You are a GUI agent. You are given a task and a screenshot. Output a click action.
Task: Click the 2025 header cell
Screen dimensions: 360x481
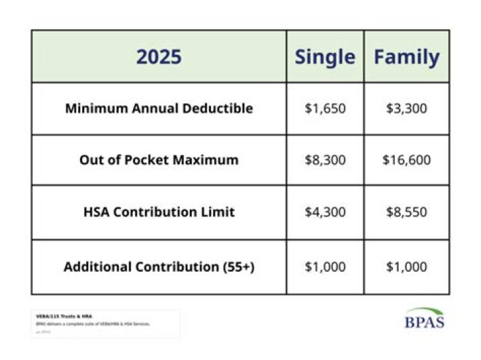click(x=158, y=57)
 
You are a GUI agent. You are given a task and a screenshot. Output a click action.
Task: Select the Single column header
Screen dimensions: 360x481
click(x=325, y=57)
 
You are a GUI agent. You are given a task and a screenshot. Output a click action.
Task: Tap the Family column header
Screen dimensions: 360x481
click(x=406, y=57)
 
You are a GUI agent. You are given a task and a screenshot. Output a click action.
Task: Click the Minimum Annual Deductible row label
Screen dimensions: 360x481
click(x=159, y=108)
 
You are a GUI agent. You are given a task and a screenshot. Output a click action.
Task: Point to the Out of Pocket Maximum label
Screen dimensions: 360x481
click(x=159, y=160)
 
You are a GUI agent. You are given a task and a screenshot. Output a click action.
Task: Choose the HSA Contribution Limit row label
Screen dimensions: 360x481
click(x=159, y=212)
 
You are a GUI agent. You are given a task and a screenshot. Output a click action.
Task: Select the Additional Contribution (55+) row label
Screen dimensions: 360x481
click(x=159, y=267)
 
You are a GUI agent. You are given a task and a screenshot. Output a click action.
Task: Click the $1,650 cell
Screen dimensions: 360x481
click(x=325, y=108)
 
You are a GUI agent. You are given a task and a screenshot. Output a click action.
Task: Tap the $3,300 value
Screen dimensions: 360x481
click(x=406, y=108)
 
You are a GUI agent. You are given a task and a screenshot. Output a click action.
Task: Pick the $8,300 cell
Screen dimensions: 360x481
click(x=325, y=160)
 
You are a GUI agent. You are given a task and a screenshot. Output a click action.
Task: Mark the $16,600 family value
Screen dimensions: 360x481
click(x=406, y=160)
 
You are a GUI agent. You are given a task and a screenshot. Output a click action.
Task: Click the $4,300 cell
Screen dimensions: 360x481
click(x=325, y=212)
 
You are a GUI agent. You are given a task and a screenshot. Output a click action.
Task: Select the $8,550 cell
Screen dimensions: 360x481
click(x=406, y=212)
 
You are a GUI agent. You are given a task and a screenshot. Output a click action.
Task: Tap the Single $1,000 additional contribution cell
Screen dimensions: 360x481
click(x=325, y=267)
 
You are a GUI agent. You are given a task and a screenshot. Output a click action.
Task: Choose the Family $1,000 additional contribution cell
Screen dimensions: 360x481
click(x=406, y=267)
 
